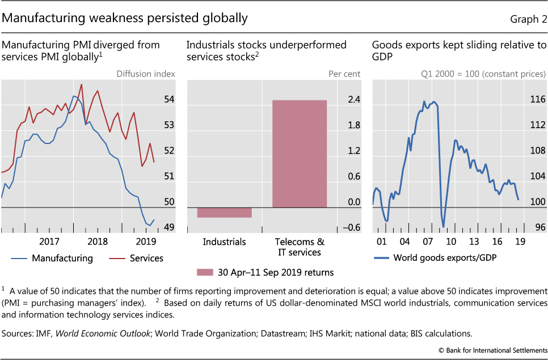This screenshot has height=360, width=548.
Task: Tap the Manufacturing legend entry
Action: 62,258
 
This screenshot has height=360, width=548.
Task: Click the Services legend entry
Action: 146,258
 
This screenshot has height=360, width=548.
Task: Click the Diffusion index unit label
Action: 145,74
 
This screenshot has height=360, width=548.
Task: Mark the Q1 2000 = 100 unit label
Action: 451,74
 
